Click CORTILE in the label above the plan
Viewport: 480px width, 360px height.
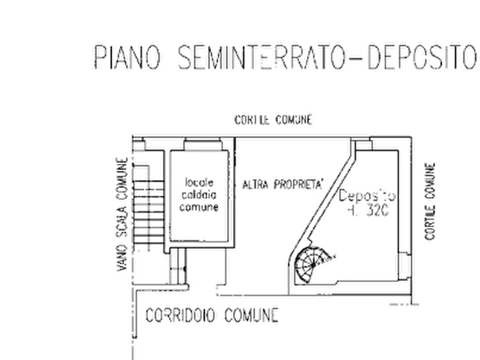coord(249,119)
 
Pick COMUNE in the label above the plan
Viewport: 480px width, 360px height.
coord(293,119)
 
